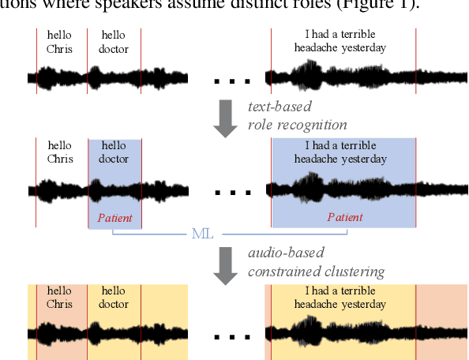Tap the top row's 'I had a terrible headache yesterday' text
340,41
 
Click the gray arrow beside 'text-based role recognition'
227,118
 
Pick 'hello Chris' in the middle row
59,152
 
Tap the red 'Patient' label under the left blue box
114,218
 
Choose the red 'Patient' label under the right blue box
345,218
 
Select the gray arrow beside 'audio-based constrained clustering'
227,265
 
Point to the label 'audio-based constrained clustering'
316,264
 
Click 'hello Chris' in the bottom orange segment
59,298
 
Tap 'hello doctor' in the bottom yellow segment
114,298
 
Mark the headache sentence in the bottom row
340,298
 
